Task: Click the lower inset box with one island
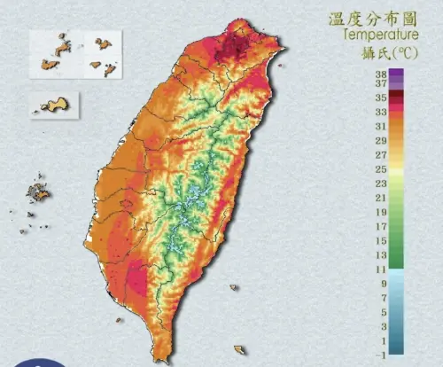tap(54, 105)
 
